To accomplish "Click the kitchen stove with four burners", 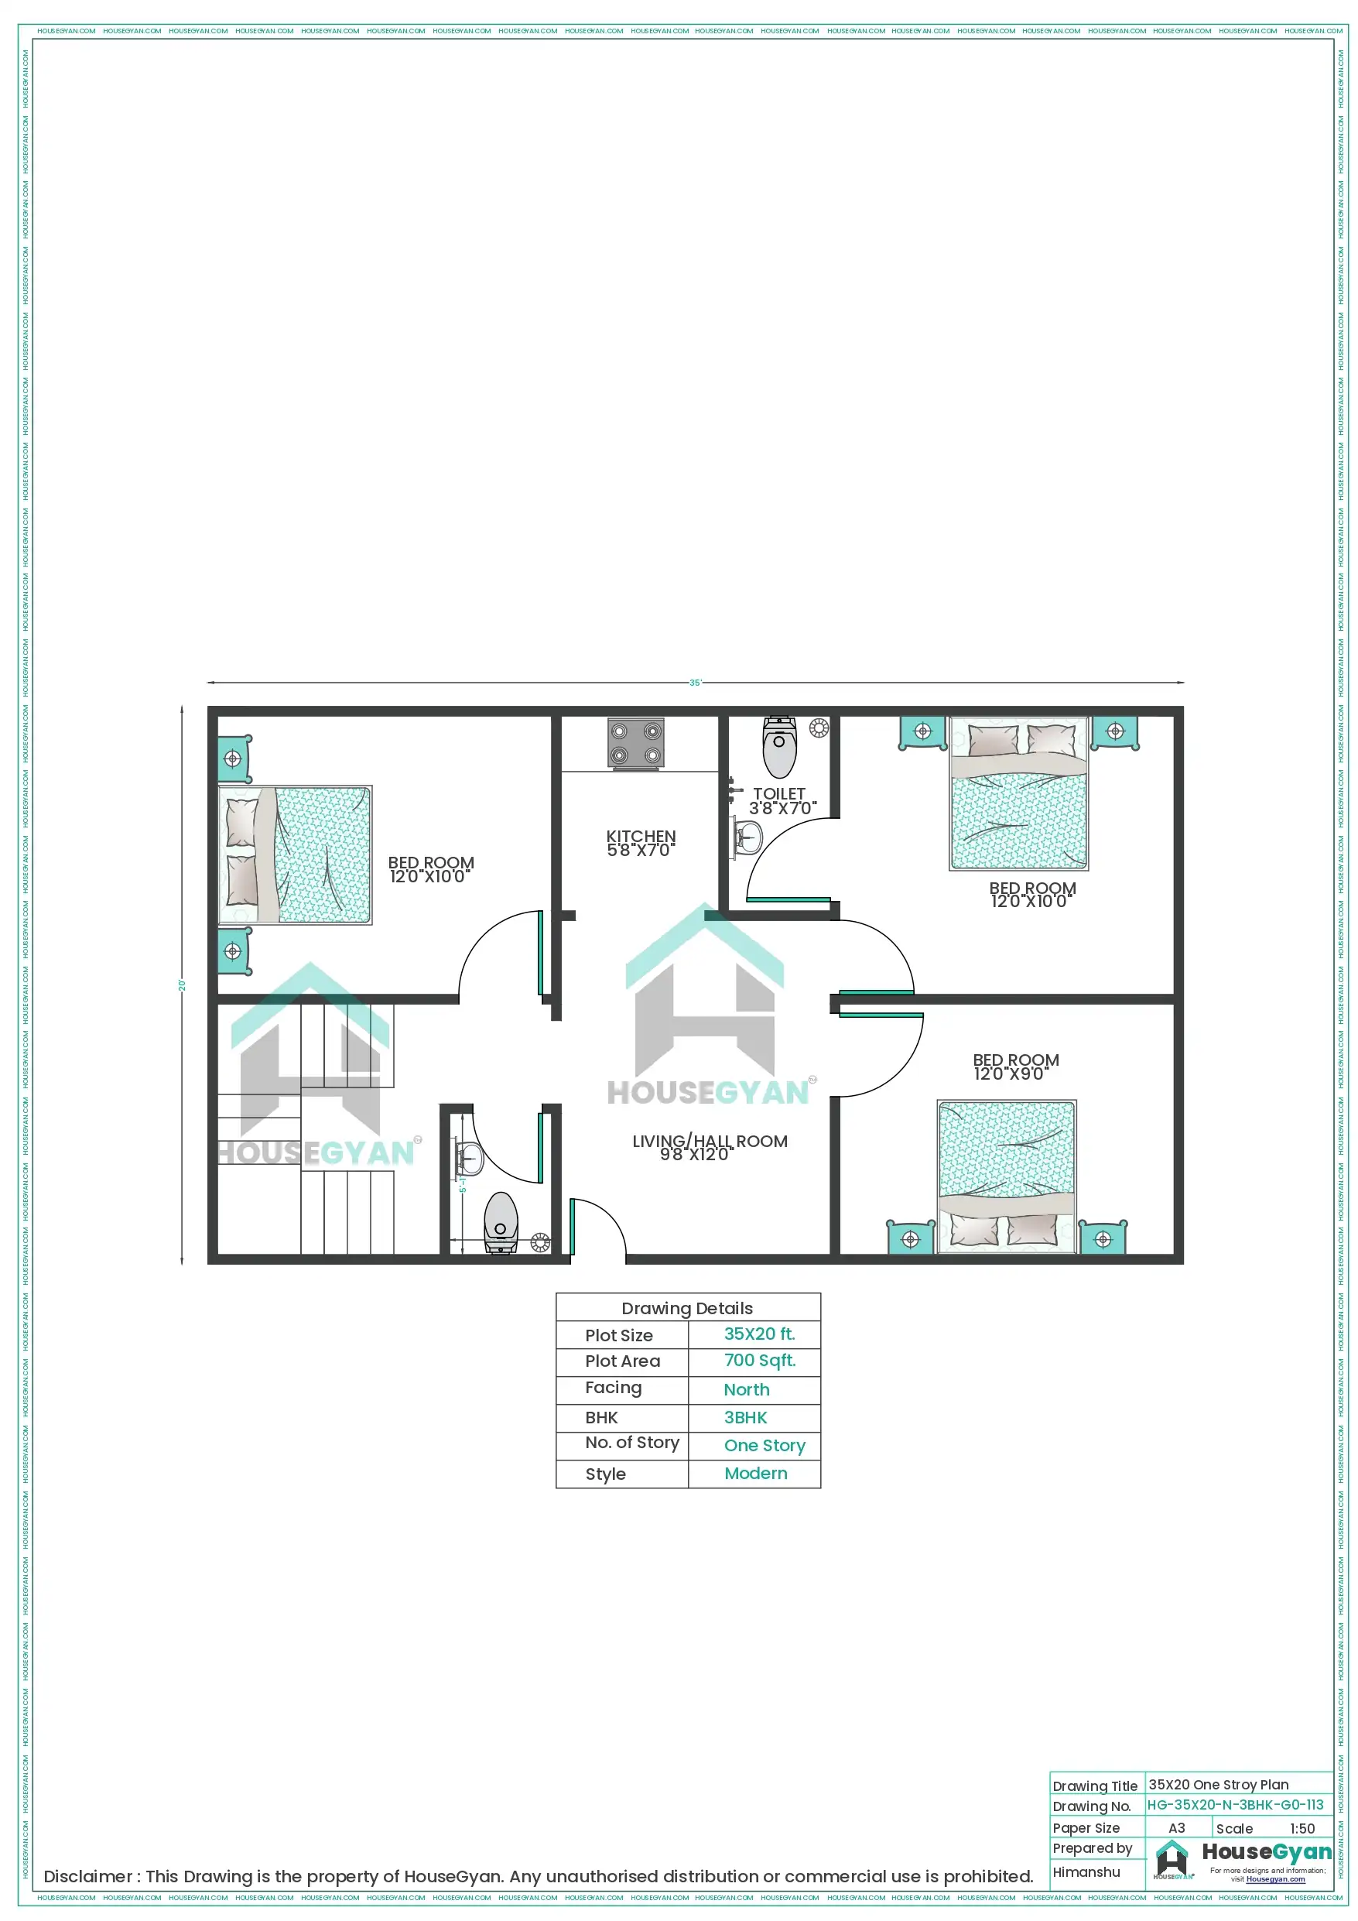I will pos(636,743).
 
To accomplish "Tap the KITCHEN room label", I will pos(641,843).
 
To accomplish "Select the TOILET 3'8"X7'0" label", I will pos(781,801).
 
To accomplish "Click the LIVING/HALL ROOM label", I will pos(710,1147).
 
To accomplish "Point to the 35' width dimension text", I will pos(695,683).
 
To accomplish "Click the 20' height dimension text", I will pos(182,985).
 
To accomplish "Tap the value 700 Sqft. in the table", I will pos(760,1361).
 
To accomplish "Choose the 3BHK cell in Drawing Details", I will pos(745,1417).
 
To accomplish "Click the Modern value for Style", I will pos(755,1474).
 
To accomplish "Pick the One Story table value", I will pos(765,1445).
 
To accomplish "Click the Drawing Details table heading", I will pos(687,1309).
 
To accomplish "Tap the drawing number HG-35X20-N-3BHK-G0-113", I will pos(1235,1805).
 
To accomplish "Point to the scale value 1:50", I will pos(1302,1828).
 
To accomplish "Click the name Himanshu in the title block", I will pos(1086,1871).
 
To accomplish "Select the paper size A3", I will pos(1176,1828).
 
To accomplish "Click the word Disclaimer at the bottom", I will pos(87,1877).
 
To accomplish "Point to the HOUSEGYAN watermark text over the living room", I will pos(708,1092).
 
